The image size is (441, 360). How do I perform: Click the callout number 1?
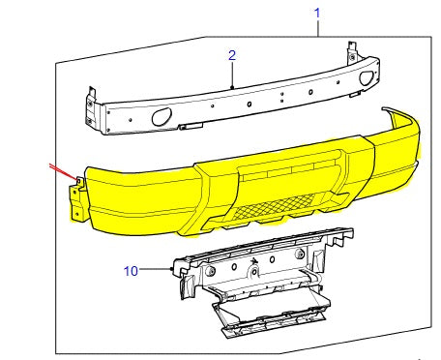(316, 13)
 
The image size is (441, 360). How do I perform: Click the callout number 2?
(232, 55)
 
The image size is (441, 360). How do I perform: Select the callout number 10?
(132, 271)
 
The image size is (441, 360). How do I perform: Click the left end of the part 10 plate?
(178, 273)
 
